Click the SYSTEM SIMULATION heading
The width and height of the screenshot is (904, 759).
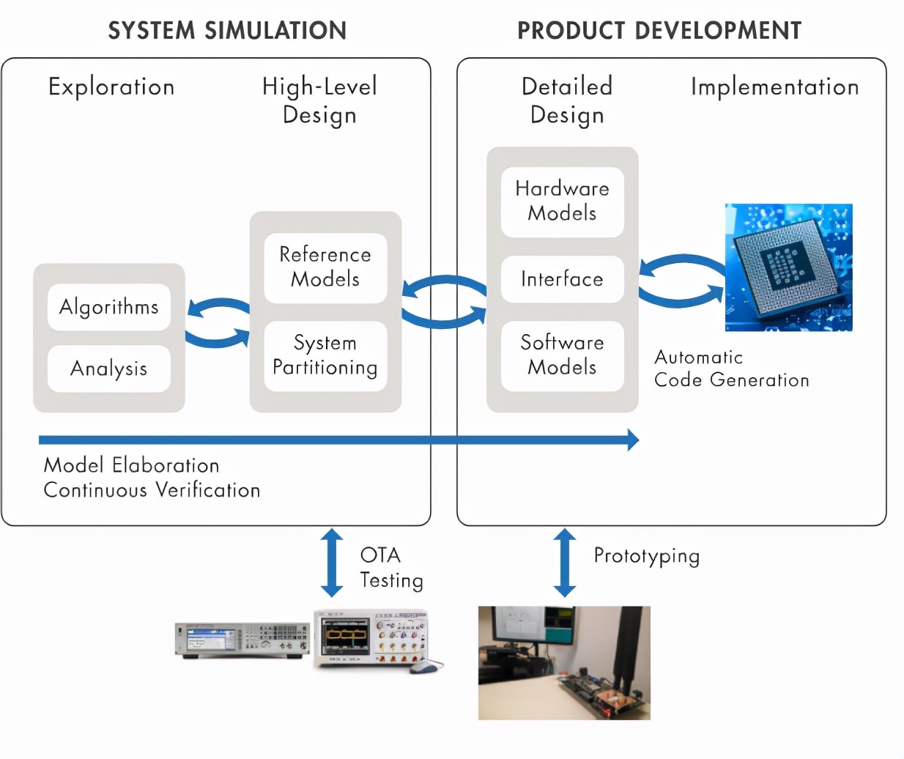pyautogui.click(x=227, y=31)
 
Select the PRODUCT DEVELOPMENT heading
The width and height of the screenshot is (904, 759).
pyautogui.click(x=659, y=31)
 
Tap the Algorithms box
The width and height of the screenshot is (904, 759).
pyautogui.click(x=109, y=307)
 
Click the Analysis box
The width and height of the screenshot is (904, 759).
pyautogui.click(x=109, y=369)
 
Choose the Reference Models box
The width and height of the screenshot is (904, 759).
pyautogui.click(x=325, y=267)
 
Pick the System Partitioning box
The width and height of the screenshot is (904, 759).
pyautogui.click(x=325, y=355)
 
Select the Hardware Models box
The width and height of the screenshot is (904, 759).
pyautogui.click(x=562, y=201)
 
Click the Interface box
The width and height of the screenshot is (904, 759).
pyautogui.click(x=562, y=279)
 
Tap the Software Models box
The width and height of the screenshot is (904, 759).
pyautogui.click(x=562, y=355)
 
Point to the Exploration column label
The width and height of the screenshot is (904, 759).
pyautogui.click(x=111, y=87)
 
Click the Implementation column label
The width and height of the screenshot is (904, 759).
pyautogui.click(x=774, y=87)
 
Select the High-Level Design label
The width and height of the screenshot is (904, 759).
pyautogui.click(x=320, y=100)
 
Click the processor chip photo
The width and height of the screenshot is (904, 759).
pyautogui.click(x=788, y=267)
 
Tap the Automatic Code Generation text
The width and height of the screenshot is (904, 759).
pyautogui.click(x=730, y=369)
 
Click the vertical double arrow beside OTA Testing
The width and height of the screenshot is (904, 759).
pyautogui.click(x=332, y=563)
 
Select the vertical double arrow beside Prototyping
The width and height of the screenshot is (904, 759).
pyautogui.click(x=564, y=563)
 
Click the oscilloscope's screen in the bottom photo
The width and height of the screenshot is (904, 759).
pyautogui.click(x=344, y=634)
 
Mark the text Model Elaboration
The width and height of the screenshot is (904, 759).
pyautogui.click(x=132, y=465)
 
